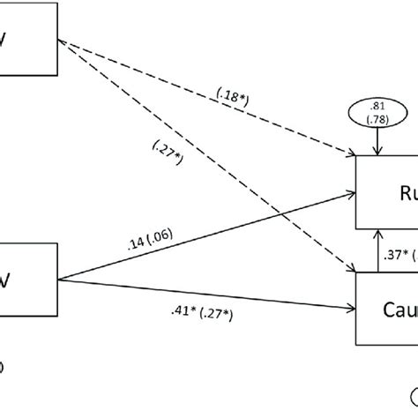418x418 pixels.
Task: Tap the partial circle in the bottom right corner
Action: point(411,411)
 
